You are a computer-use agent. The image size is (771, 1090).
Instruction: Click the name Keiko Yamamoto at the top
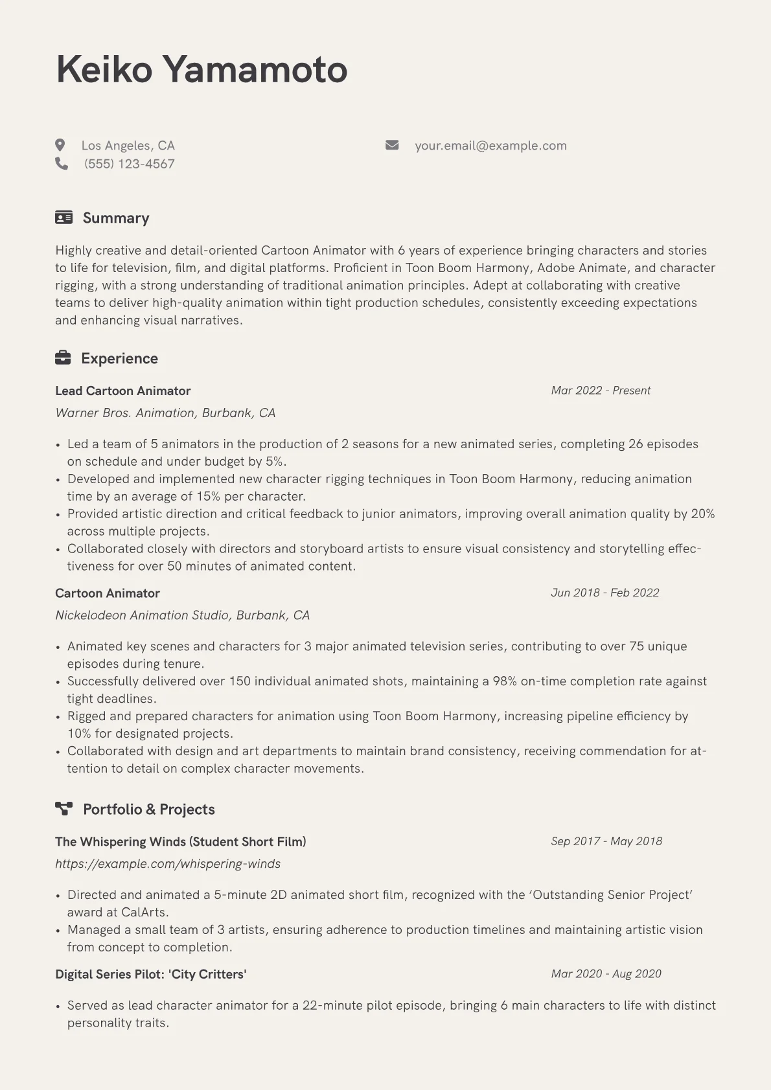[201, 69]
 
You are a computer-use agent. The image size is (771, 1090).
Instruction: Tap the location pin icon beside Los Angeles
[60, 145]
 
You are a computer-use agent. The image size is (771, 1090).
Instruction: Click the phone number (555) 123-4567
[129, 164]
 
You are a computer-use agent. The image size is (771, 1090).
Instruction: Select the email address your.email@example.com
[490, 146]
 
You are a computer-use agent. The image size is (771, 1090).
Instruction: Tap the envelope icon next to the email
[392, 145]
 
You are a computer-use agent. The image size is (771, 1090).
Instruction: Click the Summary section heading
[116, 218]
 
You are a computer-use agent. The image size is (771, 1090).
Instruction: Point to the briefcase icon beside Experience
[63, 358]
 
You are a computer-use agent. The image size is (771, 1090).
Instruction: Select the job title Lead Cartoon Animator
[122, 391]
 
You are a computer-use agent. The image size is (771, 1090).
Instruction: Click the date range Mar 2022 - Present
[600, 391]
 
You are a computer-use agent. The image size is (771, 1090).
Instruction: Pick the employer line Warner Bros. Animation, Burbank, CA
[165, 413]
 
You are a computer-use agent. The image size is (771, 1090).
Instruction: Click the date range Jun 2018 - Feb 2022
[604, 593]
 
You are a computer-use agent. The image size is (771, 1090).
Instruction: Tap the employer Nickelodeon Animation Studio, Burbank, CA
[182, 615]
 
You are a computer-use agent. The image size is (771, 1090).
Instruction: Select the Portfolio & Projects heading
[148, 809]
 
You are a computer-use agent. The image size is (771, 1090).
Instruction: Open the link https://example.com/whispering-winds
[167, 863]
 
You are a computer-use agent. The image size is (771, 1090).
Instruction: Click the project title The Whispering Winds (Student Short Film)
[180, 841]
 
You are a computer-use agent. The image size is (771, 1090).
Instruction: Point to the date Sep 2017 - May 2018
[606, 841]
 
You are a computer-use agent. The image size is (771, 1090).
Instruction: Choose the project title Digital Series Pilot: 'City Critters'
[150, 974]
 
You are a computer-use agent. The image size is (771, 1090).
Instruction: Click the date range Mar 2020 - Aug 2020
[606, 973]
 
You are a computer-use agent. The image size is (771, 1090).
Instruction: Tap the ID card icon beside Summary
[63, 218]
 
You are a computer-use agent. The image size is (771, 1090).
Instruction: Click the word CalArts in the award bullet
[144, 912]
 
